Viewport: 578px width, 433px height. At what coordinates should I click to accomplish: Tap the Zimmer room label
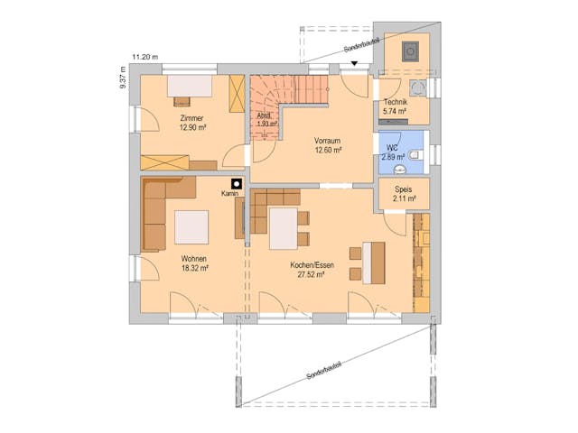pos(191,119)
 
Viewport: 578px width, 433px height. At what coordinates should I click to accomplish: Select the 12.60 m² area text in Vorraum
pos(327,151)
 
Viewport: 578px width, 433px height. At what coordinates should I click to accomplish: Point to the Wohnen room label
pos(194,258)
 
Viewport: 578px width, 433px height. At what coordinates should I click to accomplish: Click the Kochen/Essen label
pos(311,264)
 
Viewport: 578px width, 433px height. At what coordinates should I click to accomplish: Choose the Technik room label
pos(396,103)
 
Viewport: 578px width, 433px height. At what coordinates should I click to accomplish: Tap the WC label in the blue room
pos(392,147)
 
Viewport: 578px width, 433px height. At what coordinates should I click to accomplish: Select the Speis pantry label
pos(403,190)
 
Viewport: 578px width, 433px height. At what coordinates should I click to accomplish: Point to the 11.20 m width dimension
pos(144,57)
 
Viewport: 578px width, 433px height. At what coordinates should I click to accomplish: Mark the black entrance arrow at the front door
pos(355,63)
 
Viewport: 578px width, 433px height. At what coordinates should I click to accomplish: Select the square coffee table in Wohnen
pos(191,226)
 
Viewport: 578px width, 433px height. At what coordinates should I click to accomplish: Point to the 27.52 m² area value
pos(311,274)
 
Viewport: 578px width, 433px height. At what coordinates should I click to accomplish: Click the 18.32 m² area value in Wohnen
pos(194,268)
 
